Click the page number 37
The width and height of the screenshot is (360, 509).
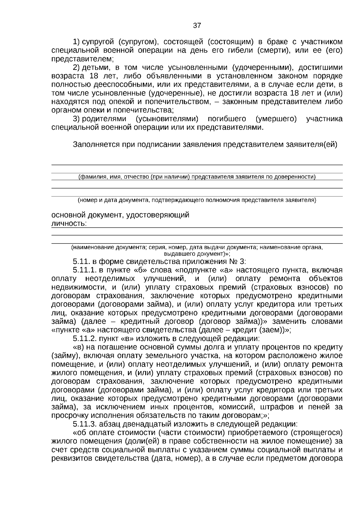click(197, 25)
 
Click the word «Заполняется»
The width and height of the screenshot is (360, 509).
click(96, 145)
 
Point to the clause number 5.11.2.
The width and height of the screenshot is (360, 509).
click(85, 339)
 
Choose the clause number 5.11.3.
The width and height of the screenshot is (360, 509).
click(85, 424)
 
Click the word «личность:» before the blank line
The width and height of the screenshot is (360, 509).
click(69, 224)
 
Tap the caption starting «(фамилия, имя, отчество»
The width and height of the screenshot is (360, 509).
click(197, 177)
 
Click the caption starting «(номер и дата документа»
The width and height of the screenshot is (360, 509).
click(197, 200)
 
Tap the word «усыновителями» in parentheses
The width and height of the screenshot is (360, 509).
click(167, 119)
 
